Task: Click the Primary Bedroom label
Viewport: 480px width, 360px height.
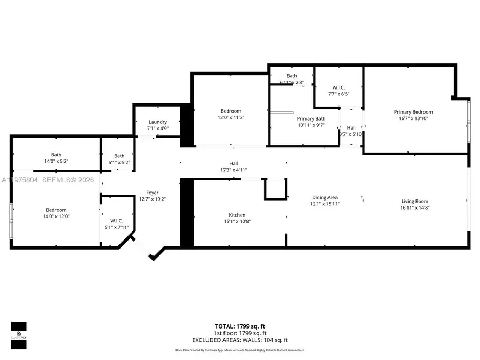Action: pos(413,112)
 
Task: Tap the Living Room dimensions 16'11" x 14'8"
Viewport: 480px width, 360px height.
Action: pos(415,208)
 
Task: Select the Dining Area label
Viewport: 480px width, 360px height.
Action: pos(325,197)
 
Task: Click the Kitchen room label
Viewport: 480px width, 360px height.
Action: pos(237,215)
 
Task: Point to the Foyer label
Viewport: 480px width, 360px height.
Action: pos(153,193)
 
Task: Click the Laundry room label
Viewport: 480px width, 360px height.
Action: pos(157,122)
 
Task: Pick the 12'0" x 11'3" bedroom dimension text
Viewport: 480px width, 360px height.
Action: pos(231,117)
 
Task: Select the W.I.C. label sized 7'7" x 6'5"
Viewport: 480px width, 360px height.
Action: pos(339,87)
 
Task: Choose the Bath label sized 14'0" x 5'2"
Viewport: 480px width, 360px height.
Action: pos(56,155)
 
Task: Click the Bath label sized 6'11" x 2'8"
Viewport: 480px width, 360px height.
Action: pos(292,76)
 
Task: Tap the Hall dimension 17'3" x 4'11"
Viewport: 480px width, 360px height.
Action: pos(234,170)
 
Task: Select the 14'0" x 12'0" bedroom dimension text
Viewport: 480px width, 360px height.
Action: pos(56,216)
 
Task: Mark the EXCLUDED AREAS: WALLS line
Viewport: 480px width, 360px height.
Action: pos(240,340)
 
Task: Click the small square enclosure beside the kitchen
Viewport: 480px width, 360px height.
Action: pos(276,189)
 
